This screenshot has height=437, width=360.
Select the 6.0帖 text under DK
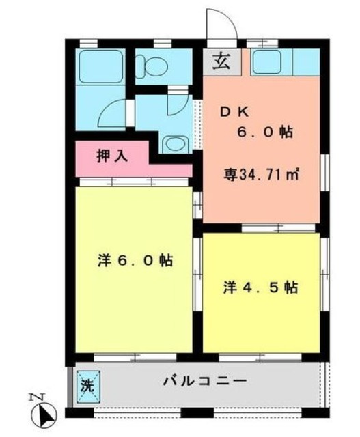pyautogui.click(x=266, y=133)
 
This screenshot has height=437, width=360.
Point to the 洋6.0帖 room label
pyautogui.click(x=134, y=261)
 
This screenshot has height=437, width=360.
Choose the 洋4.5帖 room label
pyautogui.click(x=260, y=288)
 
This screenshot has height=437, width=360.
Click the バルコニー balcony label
pyautogui.click(x=204, y=380)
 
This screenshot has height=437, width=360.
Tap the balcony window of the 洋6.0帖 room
pyautogui.click(x=135, y=356)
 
